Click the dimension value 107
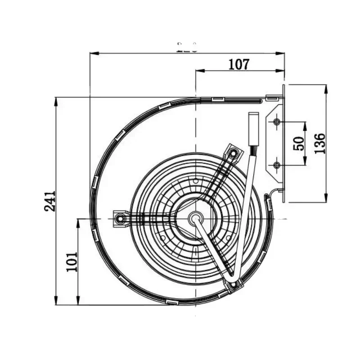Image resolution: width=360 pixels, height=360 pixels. [238, 65]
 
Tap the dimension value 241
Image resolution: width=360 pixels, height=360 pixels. [50, 201]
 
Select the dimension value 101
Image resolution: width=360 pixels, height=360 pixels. [72, 261]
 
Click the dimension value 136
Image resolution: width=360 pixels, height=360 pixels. [320, 143]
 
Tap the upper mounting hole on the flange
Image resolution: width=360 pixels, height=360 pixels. [276, 121]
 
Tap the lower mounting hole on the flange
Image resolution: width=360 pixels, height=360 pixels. [276, 165]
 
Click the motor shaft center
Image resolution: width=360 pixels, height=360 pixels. [196, 219]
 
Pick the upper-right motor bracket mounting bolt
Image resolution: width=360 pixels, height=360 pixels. [233, 154]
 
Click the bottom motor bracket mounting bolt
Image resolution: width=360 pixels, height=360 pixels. [233, 285]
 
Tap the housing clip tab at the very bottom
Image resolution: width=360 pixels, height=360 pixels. [172, 302]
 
